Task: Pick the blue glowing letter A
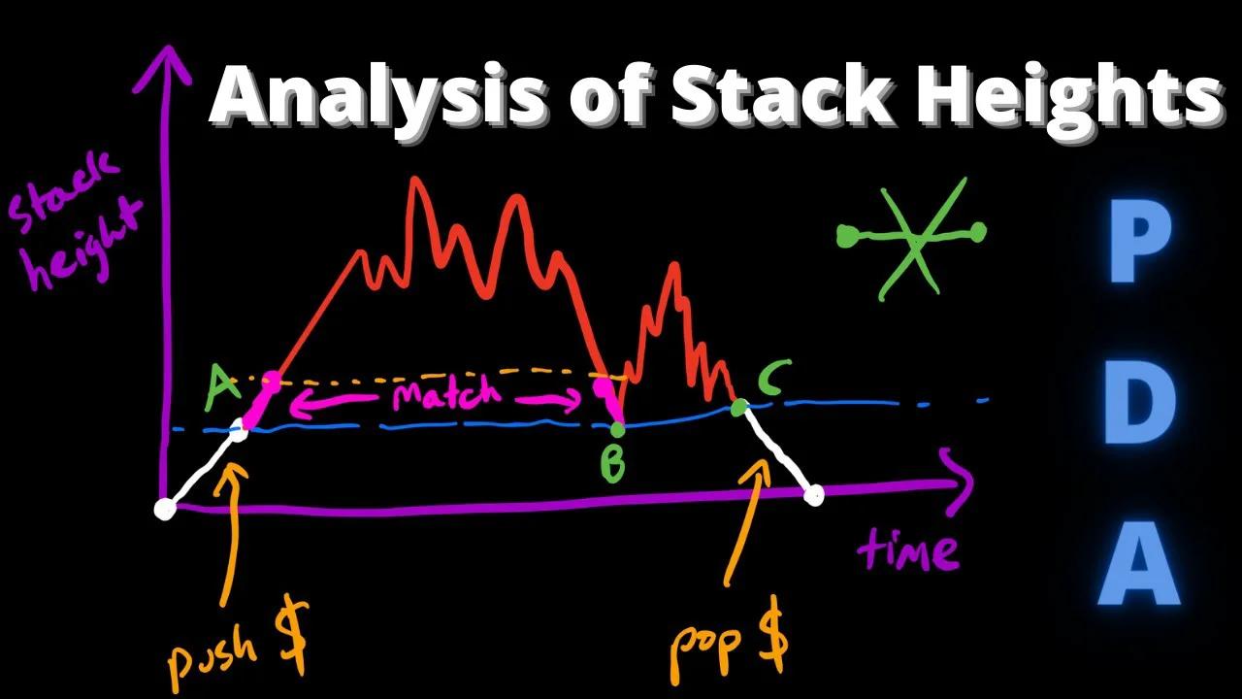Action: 1141,563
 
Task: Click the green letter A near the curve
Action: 222,389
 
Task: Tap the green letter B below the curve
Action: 612,464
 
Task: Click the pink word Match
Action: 446,396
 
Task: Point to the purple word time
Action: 907,550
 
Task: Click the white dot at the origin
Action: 165,508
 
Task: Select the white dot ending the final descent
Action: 814,496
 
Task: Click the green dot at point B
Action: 617,429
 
